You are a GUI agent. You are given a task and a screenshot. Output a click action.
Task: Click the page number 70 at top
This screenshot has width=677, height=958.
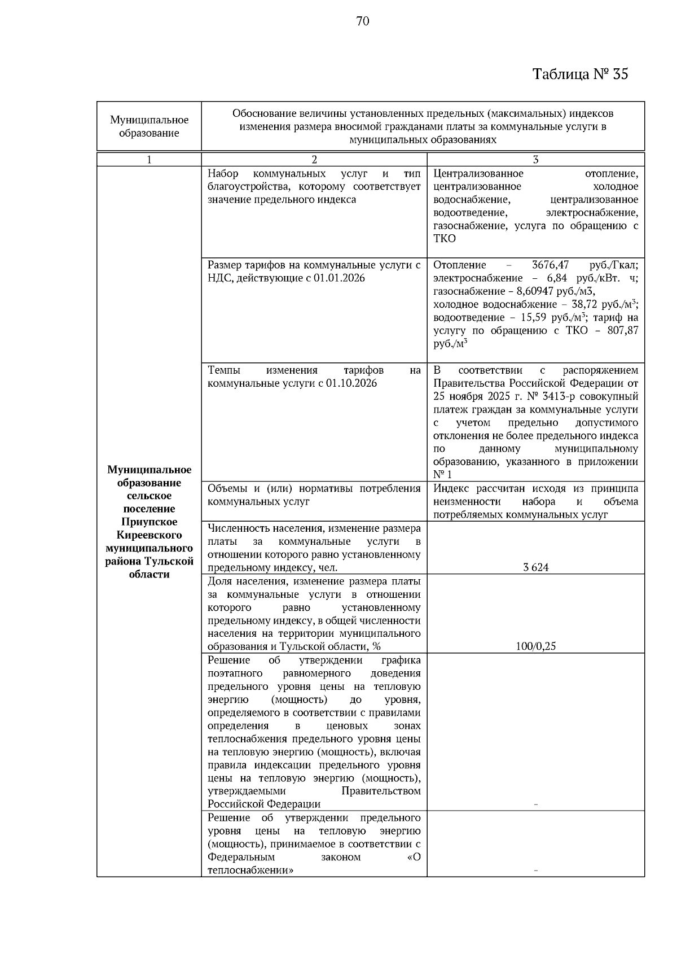coord(363,21)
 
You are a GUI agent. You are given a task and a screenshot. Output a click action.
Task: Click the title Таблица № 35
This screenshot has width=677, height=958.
coord(580,75)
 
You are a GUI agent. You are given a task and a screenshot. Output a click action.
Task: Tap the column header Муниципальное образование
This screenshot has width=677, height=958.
coord(149,126)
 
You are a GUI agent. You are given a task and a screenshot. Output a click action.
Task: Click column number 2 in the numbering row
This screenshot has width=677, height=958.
coord(314,160)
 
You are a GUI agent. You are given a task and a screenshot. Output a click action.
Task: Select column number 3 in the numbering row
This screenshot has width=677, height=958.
coord(535,160)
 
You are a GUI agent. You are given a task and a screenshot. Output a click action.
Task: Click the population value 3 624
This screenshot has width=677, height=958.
coord(535,567)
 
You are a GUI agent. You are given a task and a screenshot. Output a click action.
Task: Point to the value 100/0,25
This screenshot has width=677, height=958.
coord(535,646)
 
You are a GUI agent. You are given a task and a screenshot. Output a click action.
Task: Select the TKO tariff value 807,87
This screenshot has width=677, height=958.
coord(623,330)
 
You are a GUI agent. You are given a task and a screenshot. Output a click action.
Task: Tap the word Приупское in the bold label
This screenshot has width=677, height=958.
coord(149,522)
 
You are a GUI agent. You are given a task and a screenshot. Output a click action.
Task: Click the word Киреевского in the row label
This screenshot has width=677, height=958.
coord(149,535)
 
